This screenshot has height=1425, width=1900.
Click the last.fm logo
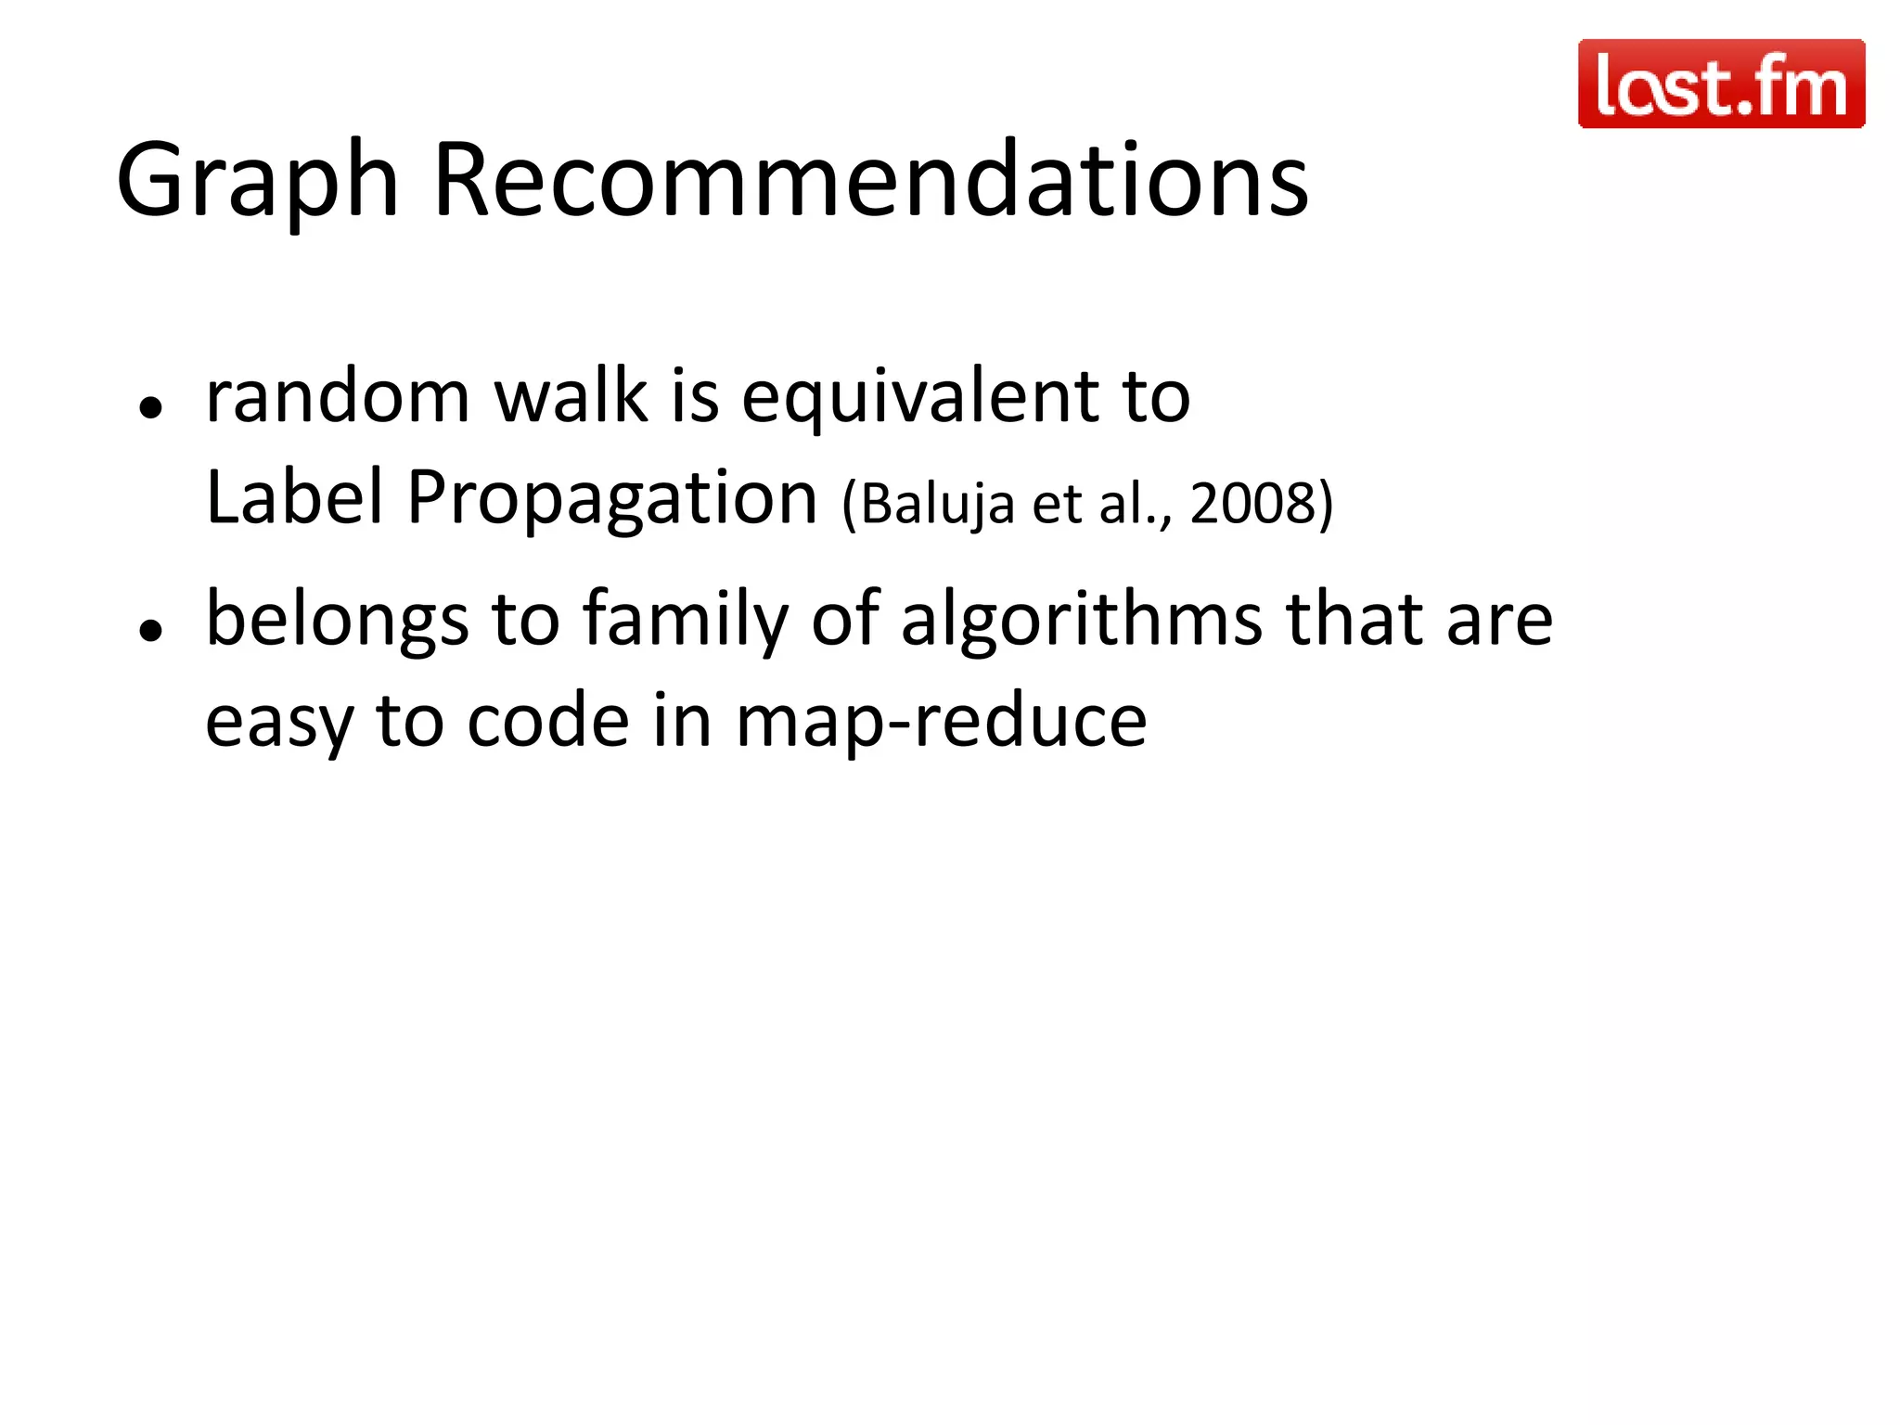1721,83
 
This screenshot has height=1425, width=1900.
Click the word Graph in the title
257,180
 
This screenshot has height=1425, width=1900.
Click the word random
338,396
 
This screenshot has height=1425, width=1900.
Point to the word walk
571,396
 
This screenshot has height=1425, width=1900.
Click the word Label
294,497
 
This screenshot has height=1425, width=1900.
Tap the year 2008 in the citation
1253,504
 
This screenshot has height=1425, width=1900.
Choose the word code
548,721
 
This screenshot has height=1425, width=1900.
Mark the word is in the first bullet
695,396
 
